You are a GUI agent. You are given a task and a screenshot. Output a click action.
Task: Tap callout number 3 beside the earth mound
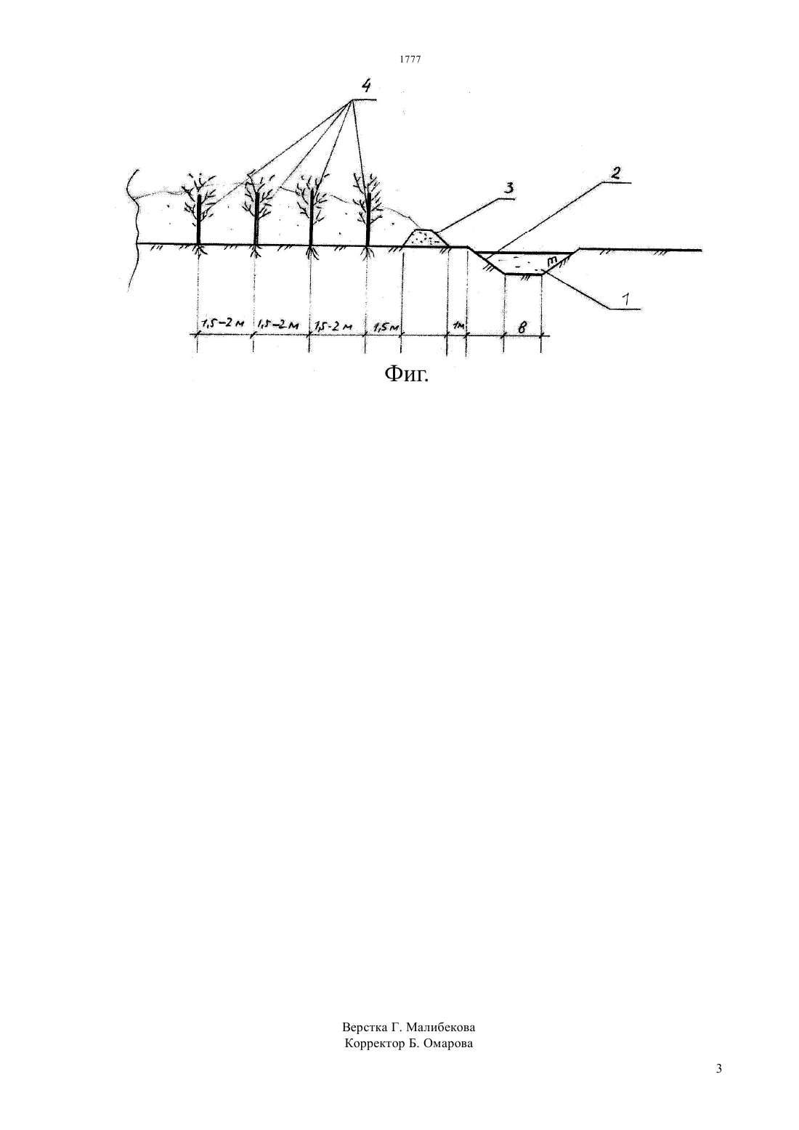coord(509,188)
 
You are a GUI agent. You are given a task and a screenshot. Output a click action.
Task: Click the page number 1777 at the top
coord(410,59)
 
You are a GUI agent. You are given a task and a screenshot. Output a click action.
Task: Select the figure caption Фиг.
coord(407,374)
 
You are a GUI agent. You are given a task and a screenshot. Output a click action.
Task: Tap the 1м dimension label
coord(458,326)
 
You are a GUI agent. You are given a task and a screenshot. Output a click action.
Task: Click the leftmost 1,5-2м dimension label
coord(222,324)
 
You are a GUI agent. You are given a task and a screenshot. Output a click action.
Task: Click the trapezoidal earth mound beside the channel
coord(426,238)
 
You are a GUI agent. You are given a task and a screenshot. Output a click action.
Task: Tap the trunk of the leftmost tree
coord(199,218)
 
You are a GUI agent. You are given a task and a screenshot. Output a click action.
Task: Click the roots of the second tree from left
coord(256,251)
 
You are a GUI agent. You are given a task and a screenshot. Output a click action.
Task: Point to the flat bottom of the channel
coord(524,274)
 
